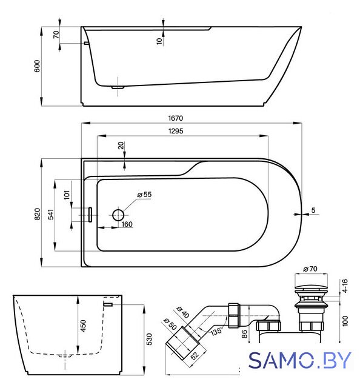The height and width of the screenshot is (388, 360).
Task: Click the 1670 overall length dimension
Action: point(176,118)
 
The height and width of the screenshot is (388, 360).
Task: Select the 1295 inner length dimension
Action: point(176,131)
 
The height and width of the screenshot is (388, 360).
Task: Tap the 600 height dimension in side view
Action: point(37,66)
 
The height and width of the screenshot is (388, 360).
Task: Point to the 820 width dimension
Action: point(37,214)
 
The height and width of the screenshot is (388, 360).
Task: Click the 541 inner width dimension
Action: point(51,214)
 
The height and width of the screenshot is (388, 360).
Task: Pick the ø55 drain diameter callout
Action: point(144,195)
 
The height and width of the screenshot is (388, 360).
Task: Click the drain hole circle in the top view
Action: point(118,215)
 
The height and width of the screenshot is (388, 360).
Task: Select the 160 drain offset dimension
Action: point(127,224)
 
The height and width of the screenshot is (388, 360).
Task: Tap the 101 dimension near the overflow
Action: point(67,195)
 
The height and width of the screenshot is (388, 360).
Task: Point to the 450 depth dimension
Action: point(84,326)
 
